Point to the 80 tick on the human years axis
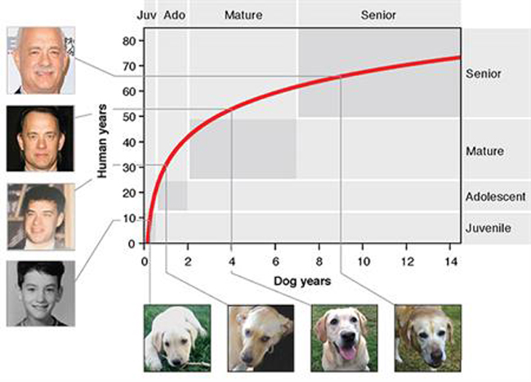[x=128, y=41]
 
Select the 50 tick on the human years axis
[x=128, y=117]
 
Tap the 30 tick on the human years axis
[x=128, y=168]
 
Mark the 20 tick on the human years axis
[x=128, y=193]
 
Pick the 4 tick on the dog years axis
[x=231, y=261]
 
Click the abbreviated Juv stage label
[x=146, y=15]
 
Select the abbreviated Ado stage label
[x=174, y=15]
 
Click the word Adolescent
[x=494, y=197]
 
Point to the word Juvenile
[x=488, y=228]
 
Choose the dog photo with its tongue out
[x=344, y=337]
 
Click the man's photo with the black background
[x=41, y=137]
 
